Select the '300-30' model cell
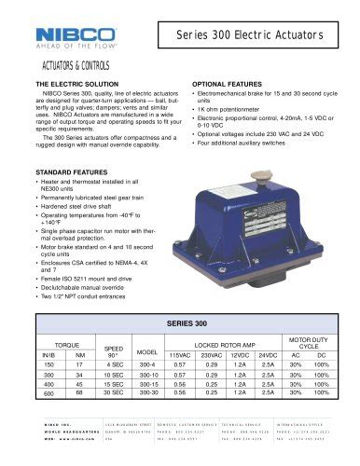pos(146,393)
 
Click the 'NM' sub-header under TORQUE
pos(79,354)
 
